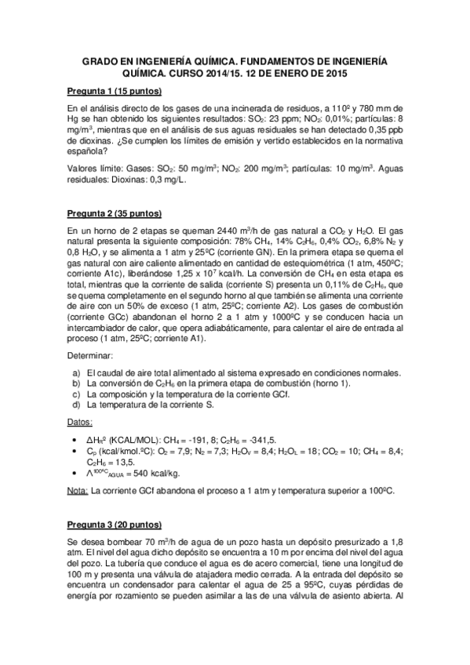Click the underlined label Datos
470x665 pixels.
click(81, 423)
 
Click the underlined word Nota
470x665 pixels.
click(77, 492)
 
